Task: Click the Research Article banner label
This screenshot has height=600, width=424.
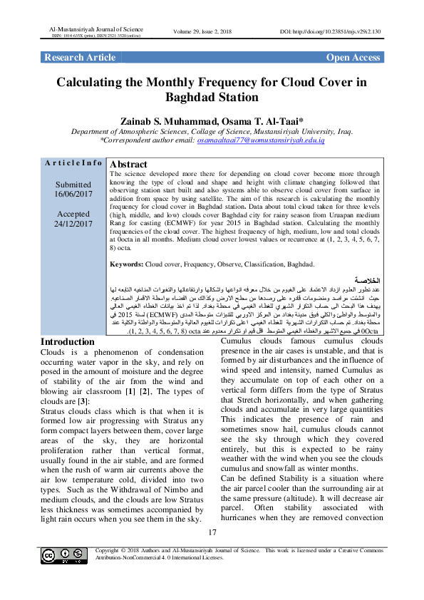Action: pos(80,58)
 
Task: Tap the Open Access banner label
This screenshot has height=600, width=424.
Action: pos(353,58)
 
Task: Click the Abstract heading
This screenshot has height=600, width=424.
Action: pos(128,164)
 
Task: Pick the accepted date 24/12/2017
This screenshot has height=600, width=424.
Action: pos(74,224)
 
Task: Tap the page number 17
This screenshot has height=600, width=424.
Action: pos(212,533)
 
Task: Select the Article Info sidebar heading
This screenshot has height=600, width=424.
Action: pos(73,163)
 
